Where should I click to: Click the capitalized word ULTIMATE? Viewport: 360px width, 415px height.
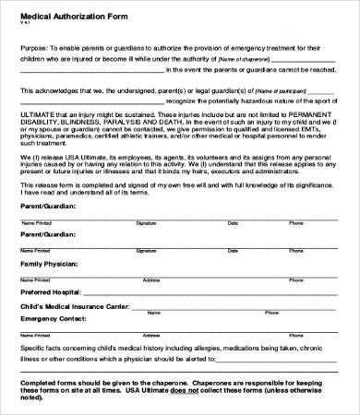(38, 113)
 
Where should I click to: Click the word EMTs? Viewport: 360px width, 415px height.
(308, 129)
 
